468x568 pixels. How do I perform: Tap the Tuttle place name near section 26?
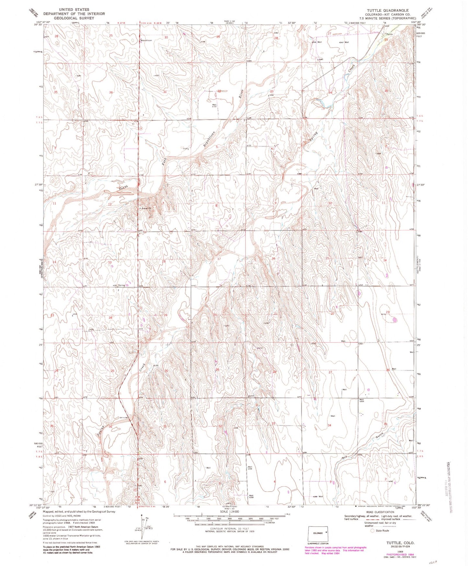coord(389,34)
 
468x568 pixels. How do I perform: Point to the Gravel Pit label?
coord(146,208)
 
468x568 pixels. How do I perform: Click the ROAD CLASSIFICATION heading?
coord(381,512)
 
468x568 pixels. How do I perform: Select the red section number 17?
coord(219,259)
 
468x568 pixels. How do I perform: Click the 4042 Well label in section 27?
coord(344,42)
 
